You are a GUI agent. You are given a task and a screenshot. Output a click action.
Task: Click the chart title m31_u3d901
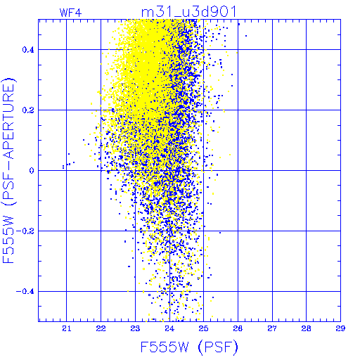[x=189, y=12]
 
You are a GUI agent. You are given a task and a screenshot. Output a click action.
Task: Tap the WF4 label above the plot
[x=70, y=13]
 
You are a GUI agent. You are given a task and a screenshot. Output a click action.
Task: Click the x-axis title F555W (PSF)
[x=189, y=347]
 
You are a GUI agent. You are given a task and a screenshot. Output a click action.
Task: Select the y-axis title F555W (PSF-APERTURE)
[x=8, y=171]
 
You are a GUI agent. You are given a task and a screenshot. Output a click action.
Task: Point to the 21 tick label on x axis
[x=67, y=328]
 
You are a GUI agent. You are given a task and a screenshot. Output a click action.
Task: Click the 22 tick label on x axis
[x=101, y=328]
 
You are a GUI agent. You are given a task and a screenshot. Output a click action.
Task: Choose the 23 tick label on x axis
[x=135, y=328]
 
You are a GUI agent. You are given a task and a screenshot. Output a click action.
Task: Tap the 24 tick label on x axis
[x=169, y=328]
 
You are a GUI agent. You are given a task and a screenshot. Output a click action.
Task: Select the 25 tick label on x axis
[x=203, y=328]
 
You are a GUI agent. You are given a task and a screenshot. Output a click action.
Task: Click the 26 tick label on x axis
[x=238, y=328]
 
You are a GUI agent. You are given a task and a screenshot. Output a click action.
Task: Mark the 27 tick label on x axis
[x=272, y=328]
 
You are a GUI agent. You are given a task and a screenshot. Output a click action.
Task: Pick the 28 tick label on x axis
[x=306, y=328]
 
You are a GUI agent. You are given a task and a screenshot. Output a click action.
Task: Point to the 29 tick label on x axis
[x=340, y=328]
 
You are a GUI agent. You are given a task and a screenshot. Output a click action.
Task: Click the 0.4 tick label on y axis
[x=28, y=50]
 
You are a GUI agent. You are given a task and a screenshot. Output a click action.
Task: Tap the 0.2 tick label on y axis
[x=28, y=110]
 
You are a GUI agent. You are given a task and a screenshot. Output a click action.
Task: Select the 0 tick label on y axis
[x=32, y=171]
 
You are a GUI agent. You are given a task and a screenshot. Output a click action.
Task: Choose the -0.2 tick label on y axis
[x=25, y=231]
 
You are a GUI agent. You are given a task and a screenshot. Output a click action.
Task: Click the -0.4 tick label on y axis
[x=25, y=292]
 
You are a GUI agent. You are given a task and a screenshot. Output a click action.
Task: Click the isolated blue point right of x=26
[x=246, y=36]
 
